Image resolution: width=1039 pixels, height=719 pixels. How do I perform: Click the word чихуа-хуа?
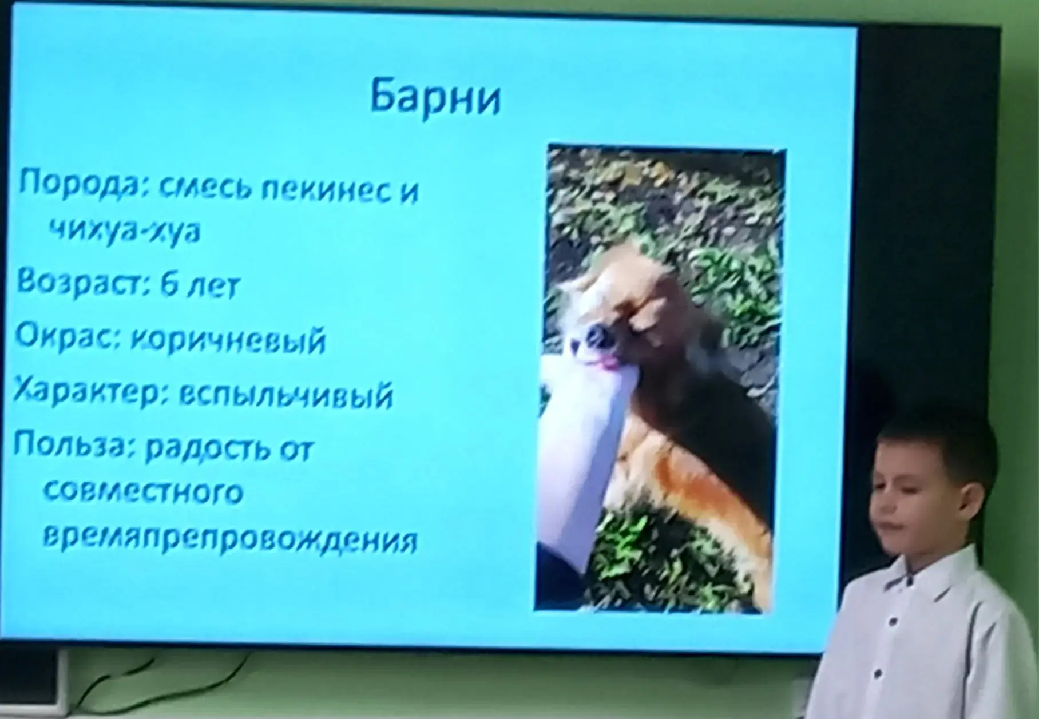pyautogui.click(x=124, y=231)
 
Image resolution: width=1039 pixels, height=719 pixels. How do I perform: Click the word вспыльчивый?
pyautogui.click(x=286, y=395)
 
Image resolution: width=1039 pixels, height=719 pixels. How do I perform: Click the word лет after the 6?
pyautogui.click(x=214, y=285)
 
